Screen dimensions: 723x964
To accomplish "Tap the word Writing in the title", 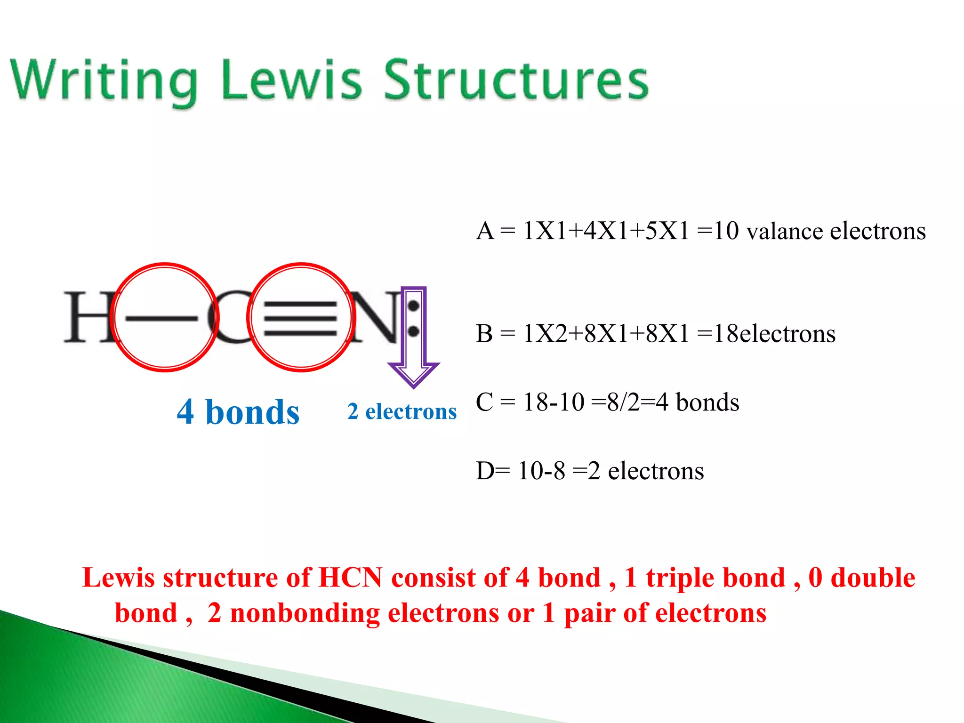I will (x=104, y=81).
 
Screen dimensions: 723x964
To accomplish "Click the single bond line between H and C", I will (x=161, y=319).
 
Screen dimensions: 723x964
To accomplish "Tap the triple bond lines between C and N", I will (x=300, y=319).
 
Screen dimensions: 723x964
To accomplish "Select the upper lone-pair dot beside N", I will (x=414, y=306).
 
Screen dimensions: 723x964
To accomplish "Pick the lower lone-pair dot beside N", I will (x=414, y=331).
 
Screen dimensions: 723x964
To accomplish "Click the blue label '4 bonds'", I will (x=238, y=412).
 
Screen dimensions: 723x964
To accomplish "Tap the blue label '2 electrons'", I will (x=402, y=411).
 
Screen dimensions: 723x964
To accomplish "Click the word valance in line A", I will (x=784, y=231).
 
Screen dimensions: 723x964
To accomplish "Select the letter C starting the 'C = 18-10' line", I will (x=484, y=402).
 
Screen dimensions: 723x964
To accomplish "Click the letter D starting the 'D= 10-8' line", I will (x=485, y=471).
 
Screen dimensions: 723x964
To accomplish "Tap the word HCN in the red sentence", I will (x=350, y=578).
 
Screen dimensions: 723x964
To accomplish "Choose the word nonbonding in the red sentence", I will (x=305, y=613).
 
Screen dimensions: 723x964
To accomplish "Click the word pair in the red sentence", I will (x=589, y=614).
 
